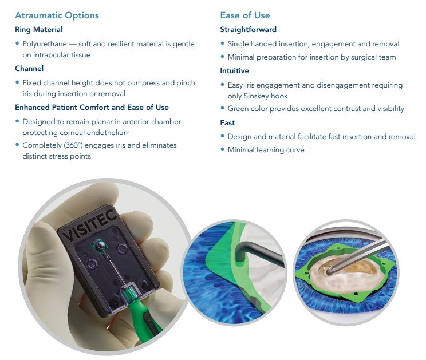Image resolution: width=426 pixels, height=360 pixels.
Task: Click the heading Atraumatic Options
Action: [57, 15]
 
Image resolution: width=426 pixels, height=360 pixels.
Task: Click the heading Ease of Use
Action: [245, 15]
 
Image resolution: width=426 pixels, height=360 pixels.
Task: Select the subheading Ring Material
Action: [39, 30]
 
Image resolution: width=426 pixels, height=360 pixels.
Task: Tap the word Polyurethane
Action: [45, 44]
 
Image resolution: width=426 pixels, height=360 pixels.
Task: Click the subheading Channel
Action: [29, 69]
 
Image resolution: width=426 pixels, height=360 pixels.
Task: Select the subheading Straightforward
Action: [249, 30]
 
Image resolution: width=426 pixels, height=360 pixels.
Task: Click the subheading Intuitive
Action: [234, 71]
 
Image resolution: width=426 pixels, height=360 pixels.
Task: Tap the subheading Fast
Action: [227, 123]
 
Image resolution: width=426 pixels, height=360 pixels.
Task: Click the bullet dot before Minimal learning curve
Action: [223, 149]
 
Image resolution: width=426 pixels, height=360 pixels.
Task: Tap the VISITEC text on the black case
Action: [90, 226]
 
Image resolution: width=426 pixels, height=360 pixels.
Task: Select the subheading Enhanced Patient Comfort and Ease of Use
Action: [92, 108]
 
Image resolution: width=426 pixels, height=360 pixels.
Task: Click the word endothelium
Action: [112, 133]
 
